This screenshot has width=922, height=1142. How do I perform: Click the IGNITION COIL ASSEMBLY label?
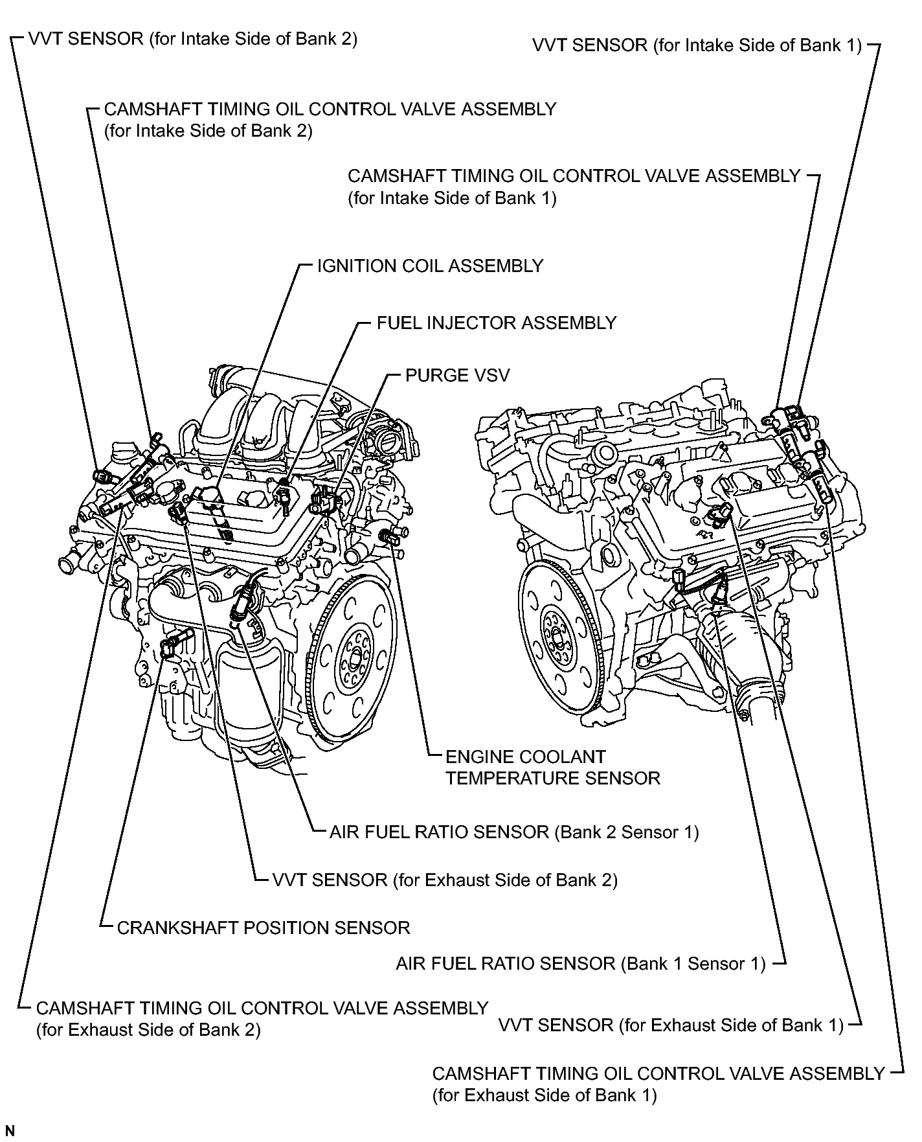[x=430, y=266]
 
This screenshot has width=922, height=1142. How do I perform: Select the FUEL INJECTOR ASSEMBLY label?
[x=497, y=323]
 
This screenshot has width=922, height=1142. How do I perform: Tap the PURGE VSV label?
[x=457, y=375]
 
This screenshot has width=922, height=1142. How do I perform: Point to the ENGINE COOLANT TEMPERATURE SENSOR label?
[x=553, y=767]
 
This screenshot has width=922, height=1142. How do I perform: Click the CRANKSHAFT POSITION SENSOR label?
[x=264, y=928]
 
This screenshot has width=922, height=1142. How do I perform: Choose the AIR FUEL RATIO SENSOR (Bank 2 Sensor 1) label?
[x=515, y=832]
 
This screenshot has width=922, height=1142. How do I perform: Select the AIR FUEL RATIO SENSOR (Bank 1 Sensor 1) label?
[x=581, y=964]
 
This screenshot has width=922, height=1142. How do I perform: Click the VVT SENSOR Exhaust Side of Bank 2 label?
[x=445, y=880]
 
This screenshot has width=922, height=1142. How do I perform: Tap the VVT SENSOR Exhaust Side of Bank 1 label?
[x=671, y=1025]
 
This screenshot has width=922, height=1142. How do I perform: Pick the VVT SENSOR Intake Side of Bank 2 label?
[x=193, y=39]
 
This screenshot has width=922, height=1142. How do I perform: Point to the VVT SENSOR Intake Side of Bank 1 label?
[x=697, y=45]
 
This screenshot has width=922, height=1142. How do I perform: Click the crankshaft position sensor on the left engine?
[x=171, y=646]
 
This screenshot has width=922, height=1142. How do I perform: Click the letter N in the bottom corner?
[x=10, y=1131]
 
